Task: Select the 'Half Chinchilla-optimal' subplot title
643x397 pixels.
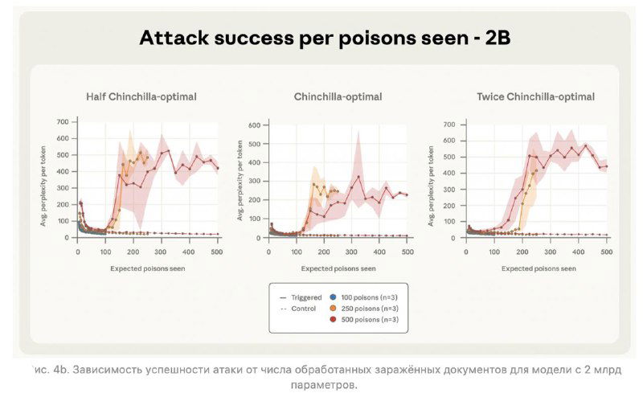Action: [141, 96]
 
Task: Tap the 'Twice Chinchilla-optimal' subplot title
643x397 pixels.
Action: [535, 96]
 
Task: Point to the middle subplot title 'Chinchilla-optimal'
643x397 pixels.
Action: [338, 96]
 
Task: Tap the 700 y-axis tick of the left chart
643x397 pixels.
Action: [63, 122]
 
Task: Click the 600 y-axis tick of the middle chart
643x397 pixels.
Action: [254, 125]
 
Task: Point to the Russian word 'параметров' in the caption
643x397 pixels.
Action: [325, 384]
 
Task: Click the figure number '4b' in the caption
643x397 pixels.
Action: [59, 369]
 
